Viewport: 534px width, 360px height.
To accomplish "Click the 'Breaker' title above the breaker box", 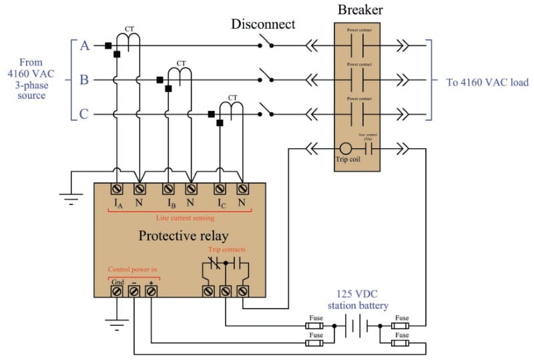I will [x=360, y=10].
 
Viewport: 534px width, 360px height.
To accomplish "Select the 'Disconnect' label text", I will [x=263, y=25].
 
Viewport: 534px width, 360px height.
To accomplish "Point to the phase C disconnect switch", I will [x=267, y=112].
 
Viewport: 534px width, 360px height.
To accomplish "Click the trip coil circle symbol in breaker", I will [x=346, y=148].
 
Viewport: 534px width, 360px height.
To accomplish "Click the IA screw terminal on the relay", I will [x=117, y=189].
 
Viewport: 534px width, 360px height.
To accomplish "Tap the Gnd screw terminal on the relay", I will [x=117, y=291].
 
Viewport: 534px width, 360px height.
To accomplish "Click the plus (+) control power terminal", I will [x=152, y=291].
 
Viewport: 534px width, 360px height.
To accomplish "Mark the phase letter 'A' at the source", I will [x=85, y=46].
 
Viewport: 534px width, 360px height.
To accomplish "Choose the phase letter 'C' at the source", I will [x=84, y=114].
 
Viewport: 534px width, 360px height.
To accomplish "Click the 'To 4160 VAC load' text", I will [x=487, y=83].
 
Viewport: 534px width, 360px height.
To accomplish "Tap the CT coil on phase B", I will [x=180, y=71].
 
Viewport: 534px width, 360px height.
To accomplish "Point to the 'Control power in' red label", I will [x=133, y=270].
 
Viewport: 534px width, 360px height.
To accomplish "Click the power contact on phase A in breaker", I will [x=360, y=46].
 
